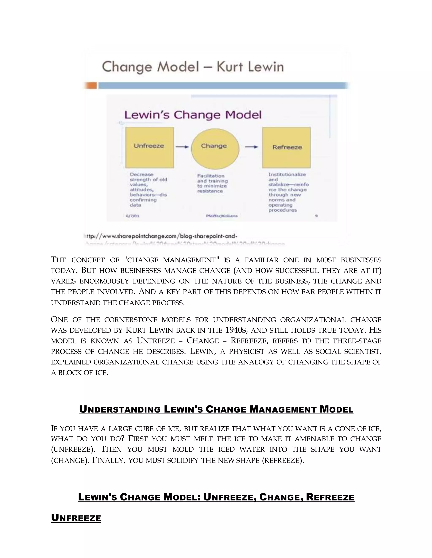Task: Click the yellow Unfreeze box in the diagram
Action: pos(150,147)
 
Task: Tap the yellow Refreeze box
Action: pos(286,147)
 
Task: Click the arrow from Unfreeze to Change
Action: pos(182,147)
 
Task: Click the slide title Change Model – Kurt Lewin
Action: pos(193,67)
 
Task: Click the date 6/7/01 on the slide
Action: pos(132,216)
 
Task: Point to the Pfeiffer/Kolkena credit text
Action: pos(222,216)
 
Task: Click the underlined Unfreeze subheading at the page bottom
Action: pos(76,518)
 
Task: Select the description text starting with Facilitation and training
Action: pos(212,183)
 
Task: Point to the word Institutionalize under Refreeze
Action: pos(287,175)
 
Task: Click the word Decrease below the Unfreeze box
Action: pos(142,175)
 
